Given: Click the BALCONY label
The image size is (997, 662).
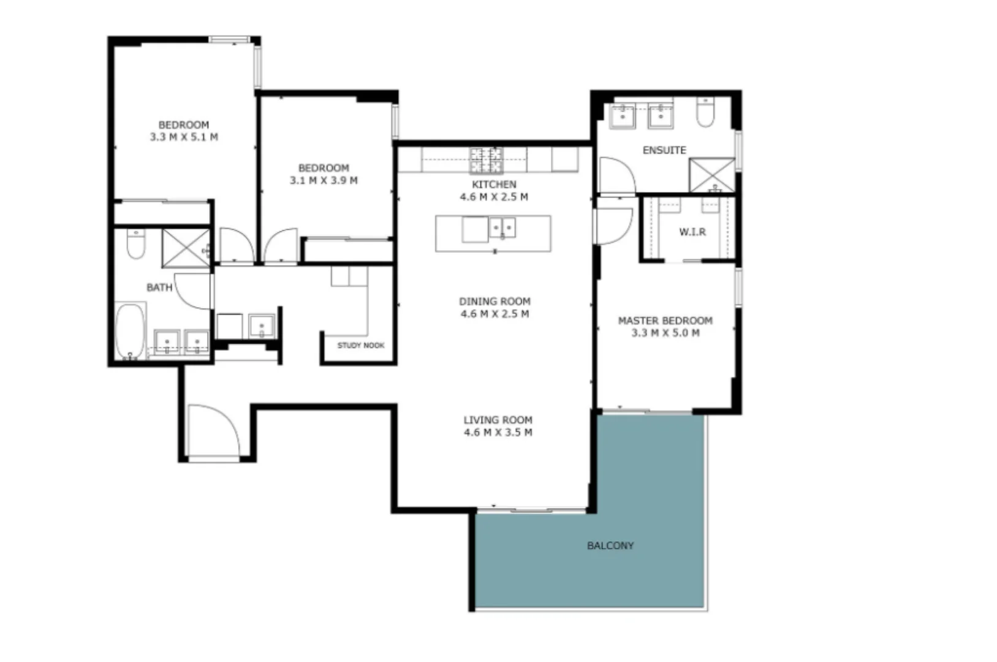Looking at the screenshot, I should click(x=610, y=546).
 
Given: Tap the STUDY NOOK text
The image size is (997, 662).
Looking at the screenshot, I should click(x=360, y=346).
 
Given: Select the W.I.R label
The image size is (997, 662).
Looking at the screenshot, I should click(x=692, y=232).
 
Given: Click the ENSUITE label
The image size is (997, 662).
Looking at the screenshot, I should click(x=664, y=150).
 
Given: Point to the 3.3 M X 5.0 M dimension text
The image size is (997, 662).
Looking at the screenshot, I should click(x=665, y=333).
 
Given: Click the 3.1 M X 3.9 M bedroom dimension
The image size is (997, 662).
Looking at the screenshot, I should click(x=324, y=181).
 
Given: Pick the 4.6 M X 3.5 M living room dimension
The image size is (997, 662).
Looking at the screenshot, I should click(x=498, y=433).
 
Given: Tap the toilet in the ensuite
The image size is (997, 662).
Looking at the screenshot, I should click(x=706, y=113).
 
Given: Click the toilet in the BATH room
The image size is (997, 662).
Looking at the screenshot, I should click(x=135, y=244).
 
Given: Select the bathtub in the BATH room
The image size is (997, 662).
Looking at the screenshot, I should click(x=130, y=330).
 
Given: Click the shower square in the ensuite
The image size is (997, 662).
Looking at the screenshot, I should click(x=711, y=175).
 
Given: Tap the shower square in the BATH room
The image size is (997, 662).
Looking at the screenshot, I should click(x=186, y=248).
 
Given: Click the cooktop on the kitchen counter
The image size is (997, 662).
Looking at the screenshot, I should click(x=486, y=160).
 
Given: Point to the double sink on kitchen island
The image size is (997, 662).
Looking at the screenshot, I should click(x=502, y=229).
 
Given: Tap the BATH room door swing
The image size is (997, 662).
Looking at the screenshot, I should click(x=193, y=291).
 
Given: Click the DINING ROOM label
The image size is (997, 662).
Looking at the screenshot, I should click(x=495, y=302).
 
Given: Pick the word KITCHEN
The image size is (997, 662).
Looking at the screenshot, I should click(x=494, y=185).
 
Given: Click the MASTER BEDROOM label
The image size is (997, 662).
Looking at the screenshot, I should click(x=665, y=321).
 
